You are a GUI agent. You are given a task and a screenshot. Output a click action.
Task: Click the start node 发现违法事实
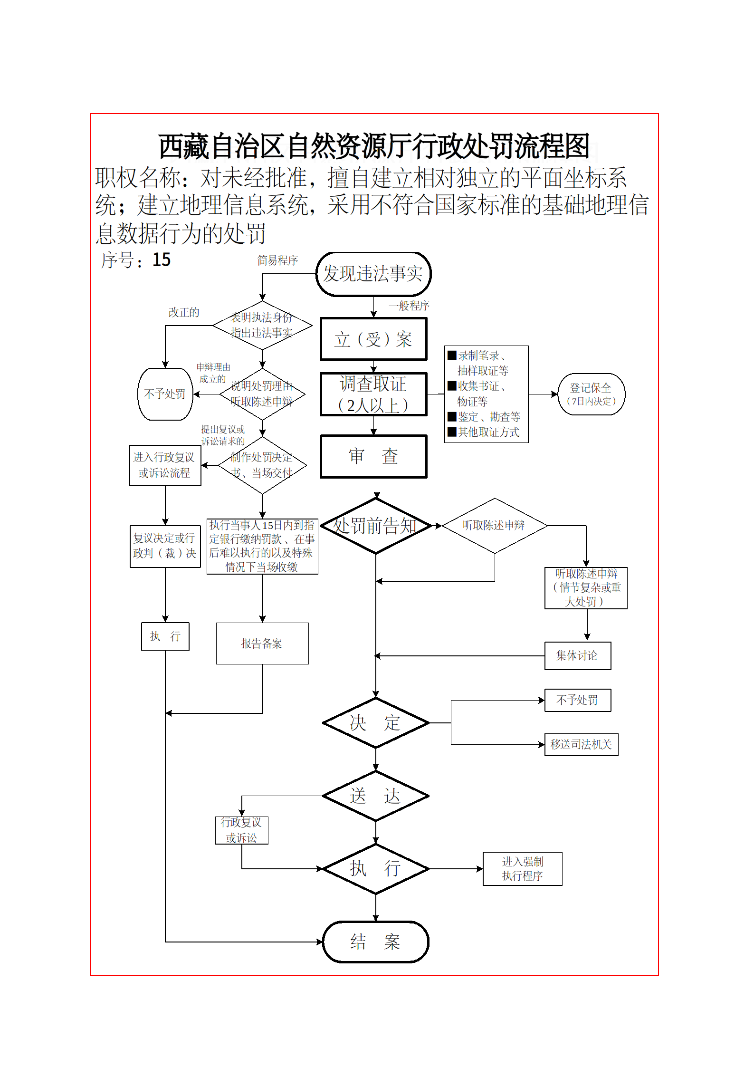pos(373,274)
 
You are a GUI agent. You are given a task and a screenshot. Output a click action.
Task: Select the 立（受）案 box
pos(373,339)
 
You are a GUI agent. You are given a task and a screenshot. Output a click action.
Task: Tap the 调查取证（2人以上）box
pos(373,394)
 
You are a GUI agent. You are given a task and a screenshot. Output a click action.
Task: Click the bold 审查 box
pos(373,456)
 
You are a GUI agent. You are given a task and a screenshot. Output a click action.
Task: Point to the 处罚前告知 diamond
pos(375,526)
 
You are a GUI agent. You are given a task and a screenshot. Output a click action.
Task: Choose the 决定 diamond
pos(375,723)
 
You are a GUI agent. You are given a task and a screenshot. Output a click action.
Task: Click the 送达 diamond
pos(375,796)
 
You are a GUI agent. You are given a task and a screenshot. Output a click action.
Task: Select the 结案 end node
pos(375,942)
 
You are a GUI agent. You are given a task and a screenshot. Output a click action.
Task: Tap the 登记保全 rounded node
pos(591,394)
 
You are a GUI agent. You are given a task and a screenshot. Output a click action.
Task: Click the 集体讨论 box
pos(577,656)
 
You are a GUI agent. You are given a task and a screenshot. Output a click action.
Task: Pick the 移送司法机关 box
pos(581,744)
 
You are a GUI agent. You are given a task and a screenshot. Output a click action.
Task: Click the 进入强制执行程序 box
pos(522,869)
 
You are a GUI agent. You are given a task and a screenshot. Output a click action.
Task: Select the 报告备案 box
pos(262,644)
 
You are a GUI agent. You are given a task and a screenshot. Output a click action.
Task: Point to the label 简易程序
pos(277,260)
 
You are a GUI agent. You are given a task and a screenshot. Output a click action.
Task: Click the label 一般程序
pos(409,306)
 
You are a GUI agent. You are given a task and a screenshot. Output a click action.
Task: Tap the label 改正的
pos(184,312)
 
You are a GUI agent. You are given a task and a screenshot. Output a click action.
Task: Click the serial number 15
pos(162,260)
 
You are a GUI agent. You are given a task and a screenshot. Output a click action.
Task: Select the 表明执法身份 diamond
pos(262,326)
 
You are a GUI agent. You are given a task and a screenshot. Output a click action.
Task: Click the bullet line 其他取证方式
pos(488,432)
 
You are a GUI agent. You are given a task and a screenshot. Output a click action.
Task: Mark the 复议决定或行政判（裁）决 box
pos(165,546)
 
